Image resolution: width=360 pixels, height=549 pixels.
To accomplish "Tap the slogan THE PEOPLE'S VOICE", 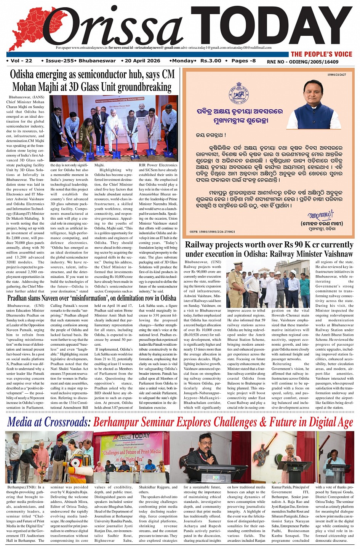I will (x=322, y=54).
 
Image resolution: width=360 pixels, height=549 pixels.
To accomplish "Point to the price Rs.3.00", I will (x=211, y=61).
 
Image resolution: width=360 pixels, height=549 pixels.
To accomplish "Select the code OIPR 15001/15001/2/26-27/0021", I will (x=212, y=231).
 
